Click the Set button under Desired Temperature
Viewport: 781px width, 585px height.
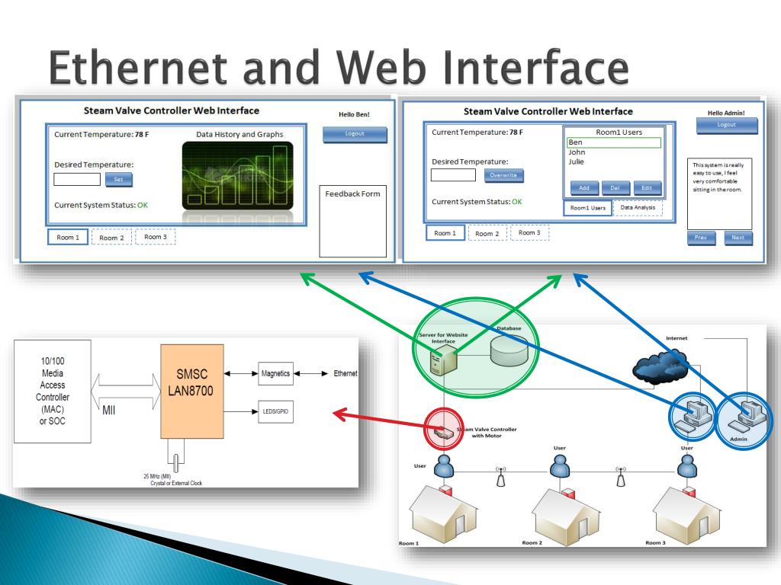(118, 180)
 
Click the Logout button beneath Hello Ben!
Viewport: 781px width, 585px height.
(355, 135)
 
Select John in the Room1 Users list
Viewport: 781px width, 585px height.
(577, 152)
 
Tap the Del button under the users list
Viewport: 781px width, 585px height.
(615, 188)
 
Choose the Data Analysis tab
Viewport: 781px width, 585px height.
(638, 207)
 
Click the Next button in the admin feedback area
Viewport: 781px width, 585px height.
(738, 238)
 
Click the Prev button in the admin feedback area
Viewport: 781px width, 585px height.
(701, 238)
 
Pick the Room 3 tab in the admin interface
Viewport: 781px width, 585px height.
(529, 232)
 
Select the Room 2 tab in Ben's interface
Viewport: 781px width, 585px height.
(111, 238)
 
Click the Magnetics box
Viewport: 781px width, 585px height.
(275, 374)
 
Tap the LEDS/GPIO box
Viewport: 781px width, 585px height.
(275, 412)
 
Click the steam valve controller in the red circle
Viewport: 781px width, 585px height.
(443, 432)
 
